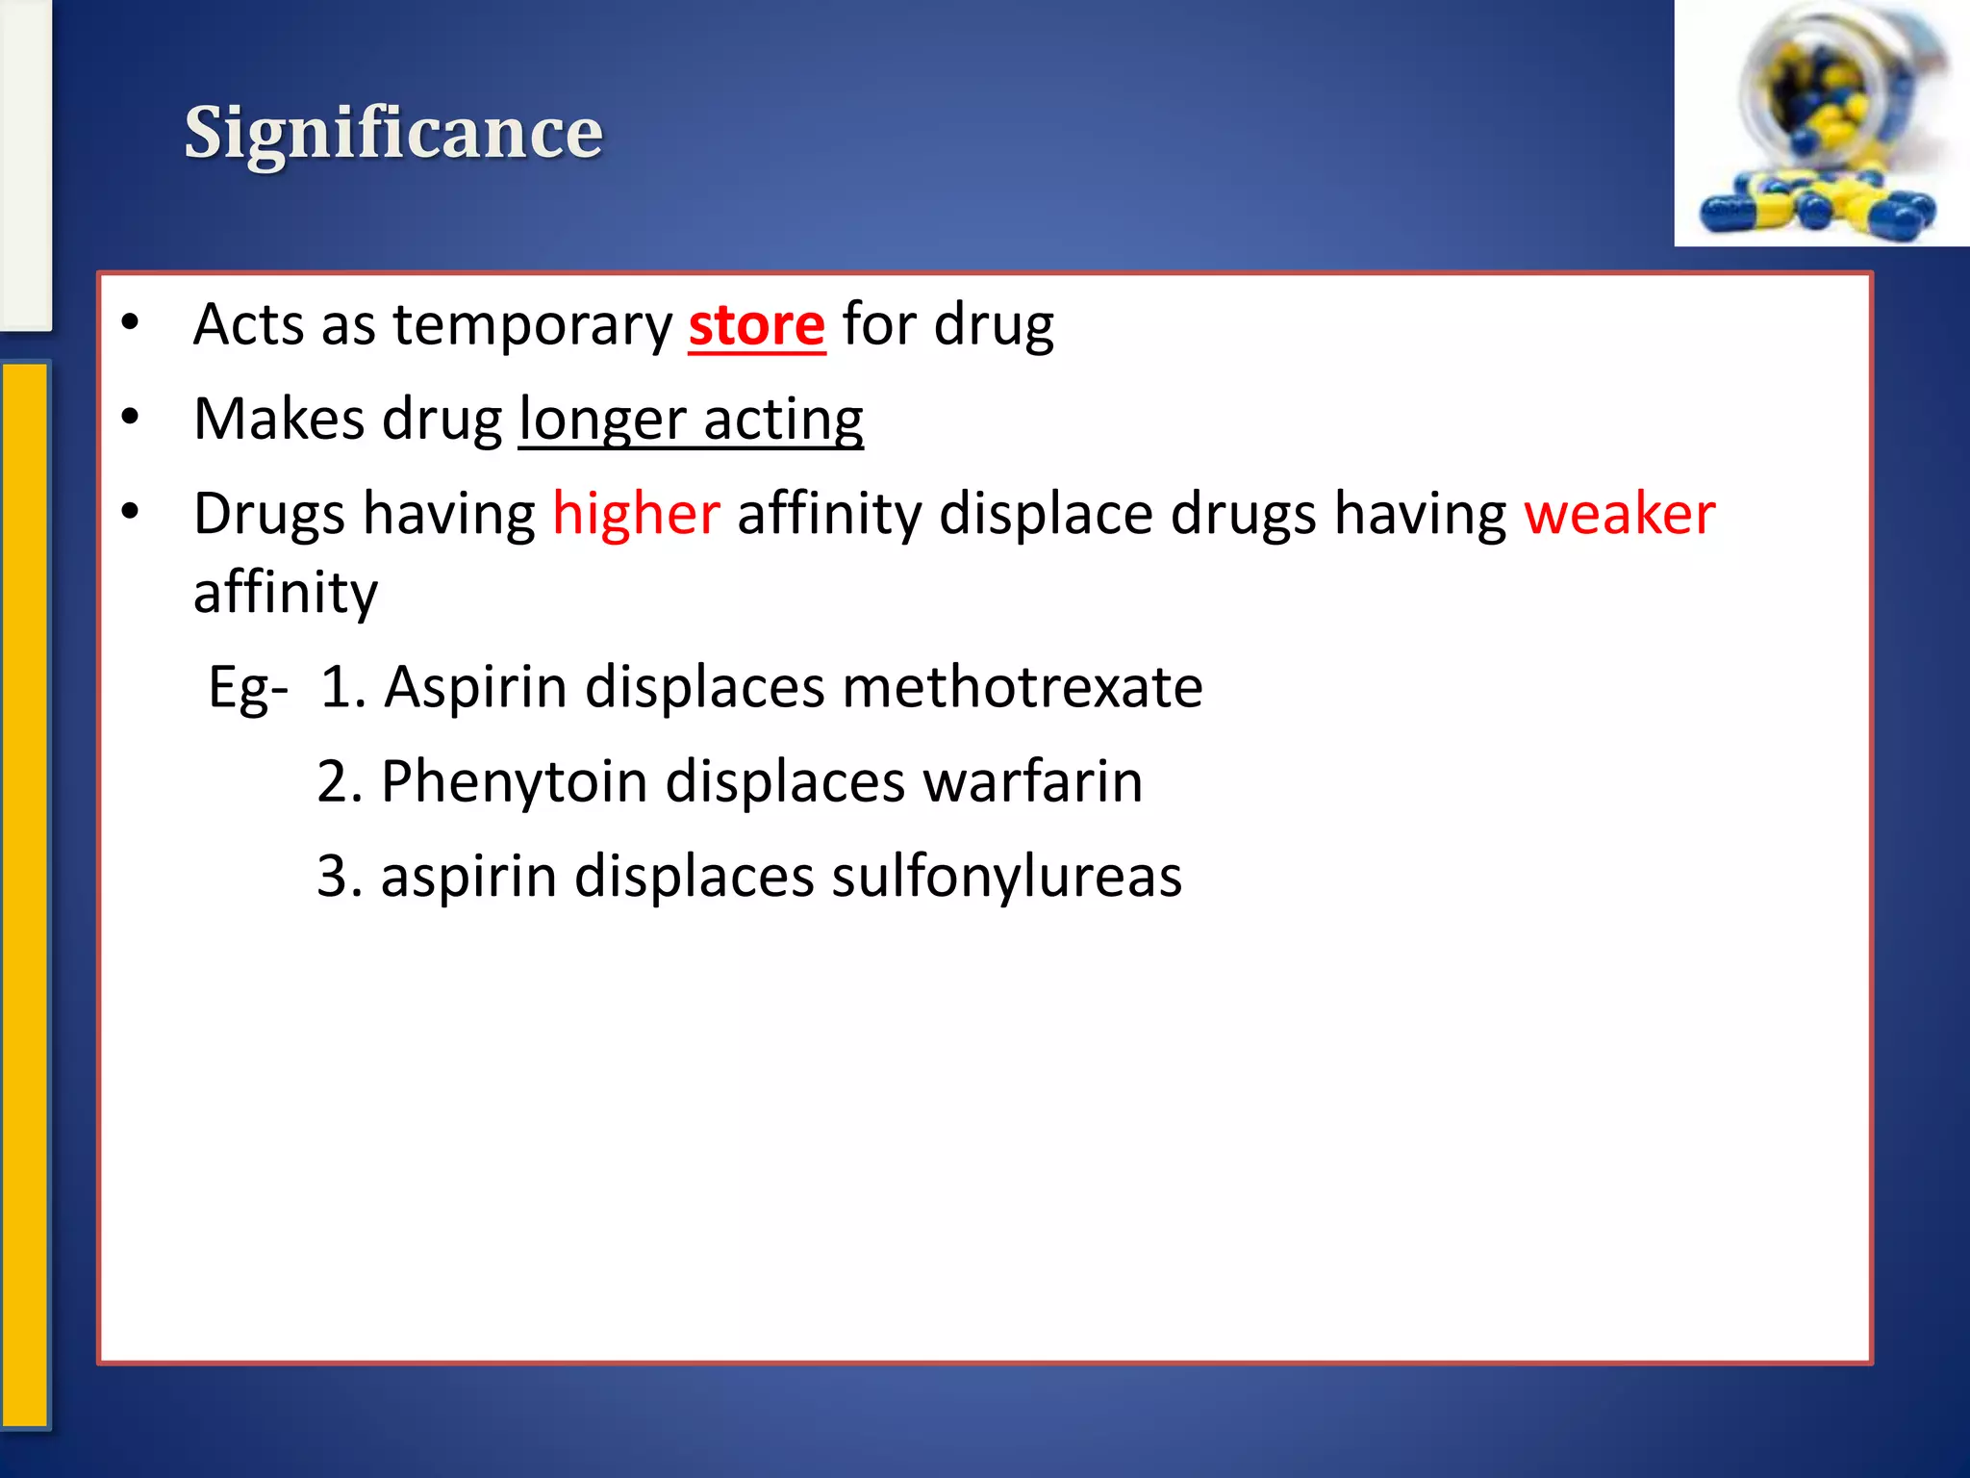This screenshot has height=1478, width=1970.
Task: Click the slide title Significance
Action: coord(393,133)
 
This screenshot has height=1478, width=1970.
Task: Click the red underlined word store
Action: coord(756,325)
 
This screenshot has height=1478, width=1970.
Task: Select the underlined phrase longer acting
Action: coord(691,420)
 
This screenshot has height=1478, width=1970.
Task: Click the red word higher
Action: coord(636,513)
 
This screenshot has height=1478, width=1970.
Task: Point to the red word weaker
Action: coord(1619,513)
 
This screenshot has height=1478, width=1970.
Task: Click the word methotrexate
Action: coord(1022,687)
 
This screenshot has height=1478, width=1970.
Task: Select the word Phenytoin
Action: coord(514,780)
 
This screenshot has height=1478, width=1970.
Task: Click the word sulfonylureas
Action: coord(1006,876)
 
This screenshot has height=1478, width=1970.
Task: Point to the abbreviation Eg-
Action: coord(248,687)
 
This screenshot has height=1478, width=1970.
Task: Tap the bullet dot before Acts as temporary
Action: coord(131,323)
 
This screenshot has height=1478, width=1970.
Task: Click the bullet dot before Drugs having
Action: coord(131,512)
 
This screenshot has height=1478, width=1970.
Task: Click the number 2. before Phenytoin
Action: coord(339,780)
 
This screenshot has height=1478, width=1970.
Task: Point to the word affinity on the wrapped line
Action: coord(286,592)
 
